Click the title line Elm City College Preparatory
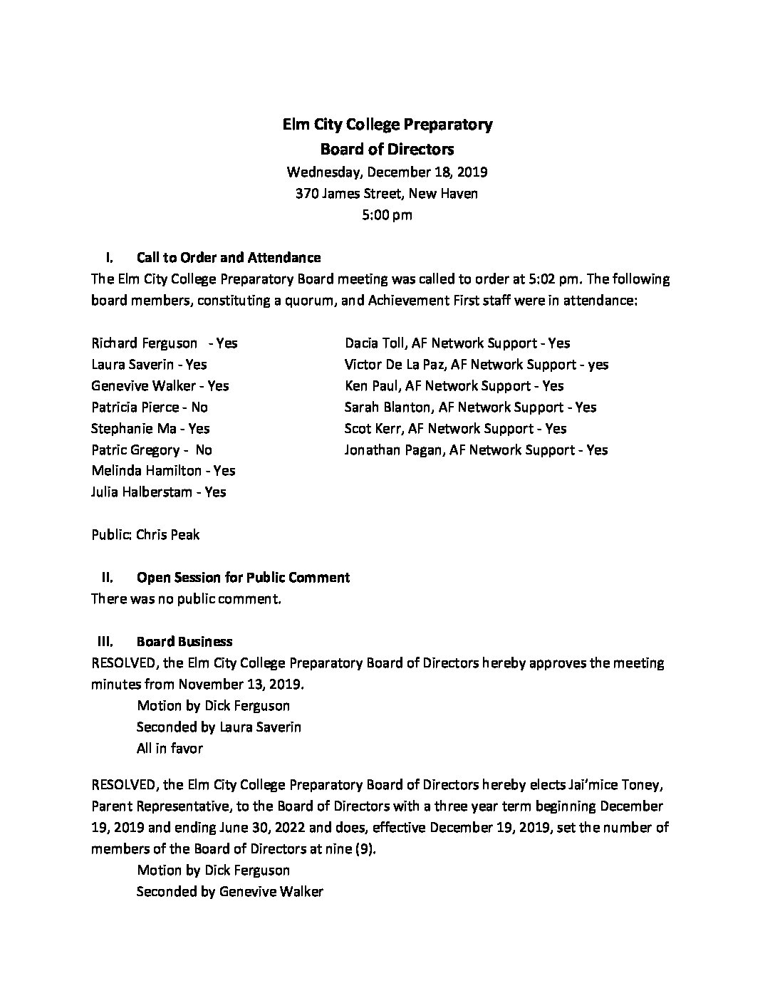[387, 125]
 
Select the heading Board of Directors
[387, 149]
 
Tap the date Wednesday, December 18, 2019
[387, 172]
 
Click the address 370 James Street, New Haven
[387, 193]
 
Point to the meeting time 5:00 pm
[387, 214]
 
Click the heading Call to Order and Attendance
[228, 257]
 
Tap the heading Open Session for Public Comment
[242, 578]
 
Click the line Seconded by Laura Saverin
[219, 727]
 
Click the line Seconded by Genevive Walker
[229, 892]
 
